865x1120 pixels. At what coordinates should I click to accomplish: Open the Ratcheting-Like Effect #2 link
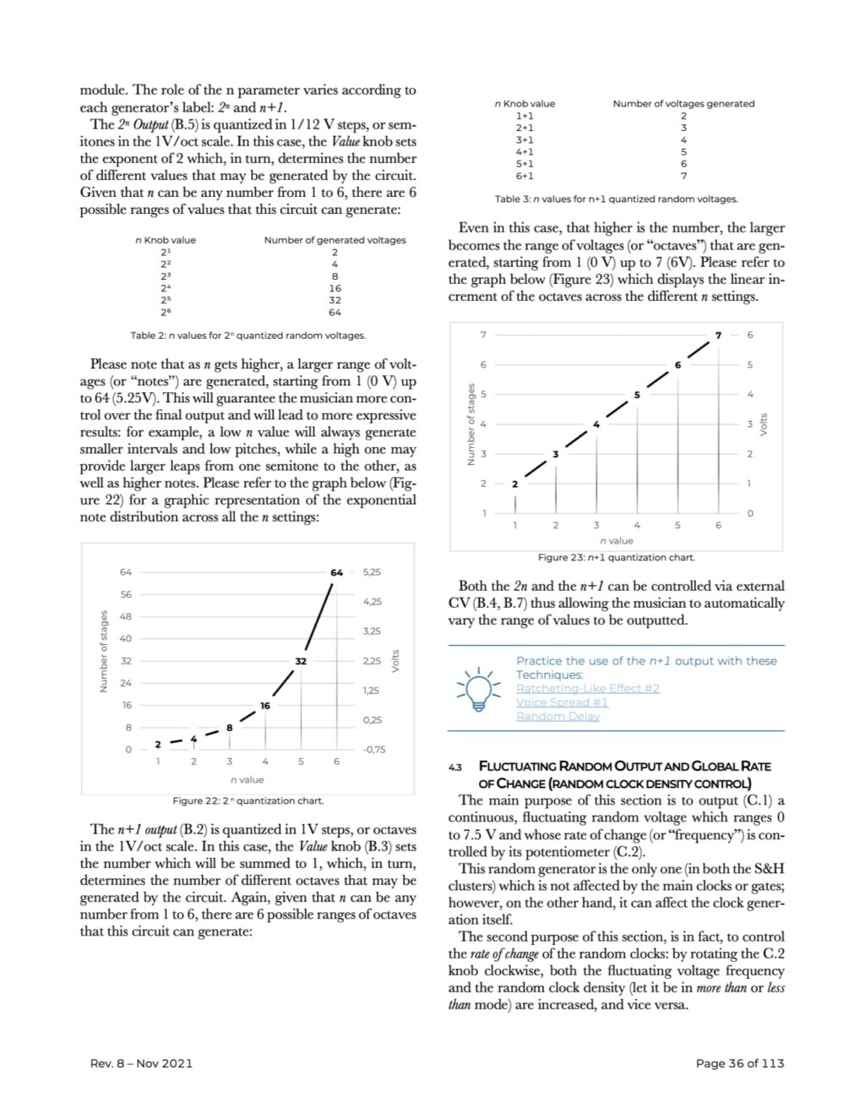pos(587,688)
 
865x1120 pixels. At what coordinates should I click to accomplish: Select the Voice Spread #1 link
pos(562,702)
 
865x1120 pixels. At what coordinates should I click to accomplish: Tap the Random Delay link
pos(558,717)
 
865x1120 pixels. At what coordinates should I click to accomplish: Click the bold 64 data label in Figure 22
pos(336,572)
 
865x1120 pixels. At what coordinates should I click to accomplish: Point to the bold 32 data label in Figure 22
pos(300,660)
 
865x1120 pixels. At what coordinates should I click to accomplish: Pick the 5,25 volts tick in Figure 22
pos(372,572)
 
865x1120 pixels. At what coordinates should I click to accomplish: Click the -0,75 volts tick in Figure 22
pos(373,749)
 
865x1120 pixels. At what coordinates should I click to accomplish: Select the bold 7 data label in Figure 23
pos(718,336)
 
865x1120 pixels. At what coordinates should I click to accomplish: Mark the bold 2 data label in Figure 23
pos(514,484)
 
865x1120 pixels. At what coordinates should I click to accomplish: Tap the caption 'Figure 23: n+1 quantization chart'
pos(617,558)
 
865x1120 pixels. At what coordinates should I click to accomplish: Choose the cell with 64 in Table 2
pos(335,312)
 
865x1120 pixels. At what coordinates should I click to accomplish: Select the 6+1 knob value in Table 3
pos(525,176)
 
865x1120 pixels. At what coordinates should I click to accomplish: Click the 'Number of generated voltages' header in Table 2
pos(335,240)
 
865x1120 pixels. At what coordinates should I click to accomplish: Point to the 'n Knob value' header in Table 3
pos(525,104)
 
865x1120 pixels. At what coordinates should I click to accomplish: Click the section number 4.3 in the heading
pos(455,768)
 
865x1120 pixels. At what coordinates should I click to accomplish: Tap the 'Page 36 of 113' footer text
pos(739,1063)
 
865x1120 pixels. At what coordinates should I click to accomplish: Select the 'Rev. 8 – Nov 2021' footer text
pos(141,1063)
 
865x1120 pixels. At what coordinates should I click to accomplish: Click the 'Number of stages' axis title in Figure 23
pos(471,424)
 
